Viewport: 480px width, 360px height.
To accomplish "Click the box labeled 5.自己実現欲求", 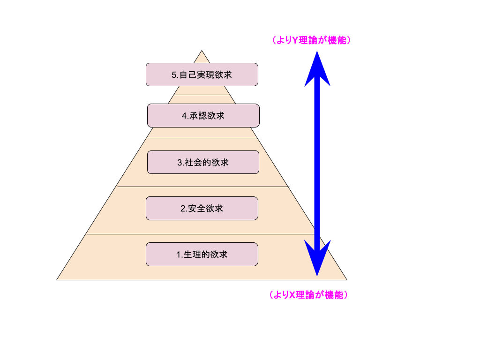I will pos(202,75).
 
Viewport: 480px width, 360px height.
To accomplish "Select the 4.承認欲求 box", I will pos(203,115).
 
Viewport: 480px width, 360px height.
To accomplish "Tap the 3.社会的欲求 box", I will pos(203,162).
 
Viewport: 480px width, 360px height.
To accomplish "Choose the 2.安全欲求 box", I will pos(202,208).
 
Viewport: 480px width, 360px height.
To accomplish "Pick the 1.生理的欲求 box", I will pos(202,254).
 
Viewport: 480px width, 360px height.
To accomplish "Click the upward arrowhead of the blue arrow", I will pos(317,68).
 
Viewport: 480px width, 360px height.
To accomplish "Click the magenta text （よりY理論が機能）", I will pos(311,40).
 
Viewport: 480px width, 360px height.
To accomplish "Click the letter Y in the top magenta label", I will pos(295,41).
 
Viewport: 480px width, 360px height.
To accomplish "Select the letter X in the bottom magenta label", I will pos(292,295).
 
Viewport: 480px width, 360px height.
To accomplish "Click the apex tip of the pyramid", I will pos(202,51).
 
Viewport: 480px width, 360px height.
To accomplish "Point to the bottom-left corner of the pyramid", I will pos(58,279).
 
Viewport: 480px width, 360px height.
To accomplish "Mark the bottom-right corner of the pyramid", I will pos(346,279).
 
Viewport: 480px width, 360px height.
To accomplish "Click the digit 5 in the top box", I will pos(174,75).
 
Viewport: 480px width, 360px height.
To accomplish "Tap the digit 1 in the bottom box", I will pos(178,255).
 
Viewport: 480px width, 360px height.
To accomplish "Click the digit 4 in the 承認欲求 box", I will pos(184,116).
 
